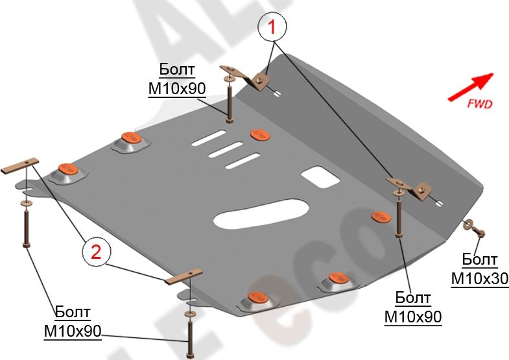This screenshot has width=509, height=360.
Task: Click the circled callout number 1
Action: pos(273,28)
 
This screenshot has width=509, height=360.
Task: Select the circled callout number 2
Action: pos(95,252)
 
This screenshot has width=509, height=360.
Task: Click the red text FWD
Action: pos(479,103)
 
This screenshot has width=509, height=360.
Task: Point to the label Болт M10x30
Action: pos(480,269)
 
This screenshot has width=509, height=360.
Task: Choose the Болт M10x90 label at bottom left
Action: pos(73,321)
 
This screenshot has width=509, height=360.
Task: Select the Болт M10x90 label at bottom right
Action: pos(413,307)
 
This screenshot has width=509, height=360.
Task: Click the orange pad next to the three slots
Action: pos(260,134)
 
